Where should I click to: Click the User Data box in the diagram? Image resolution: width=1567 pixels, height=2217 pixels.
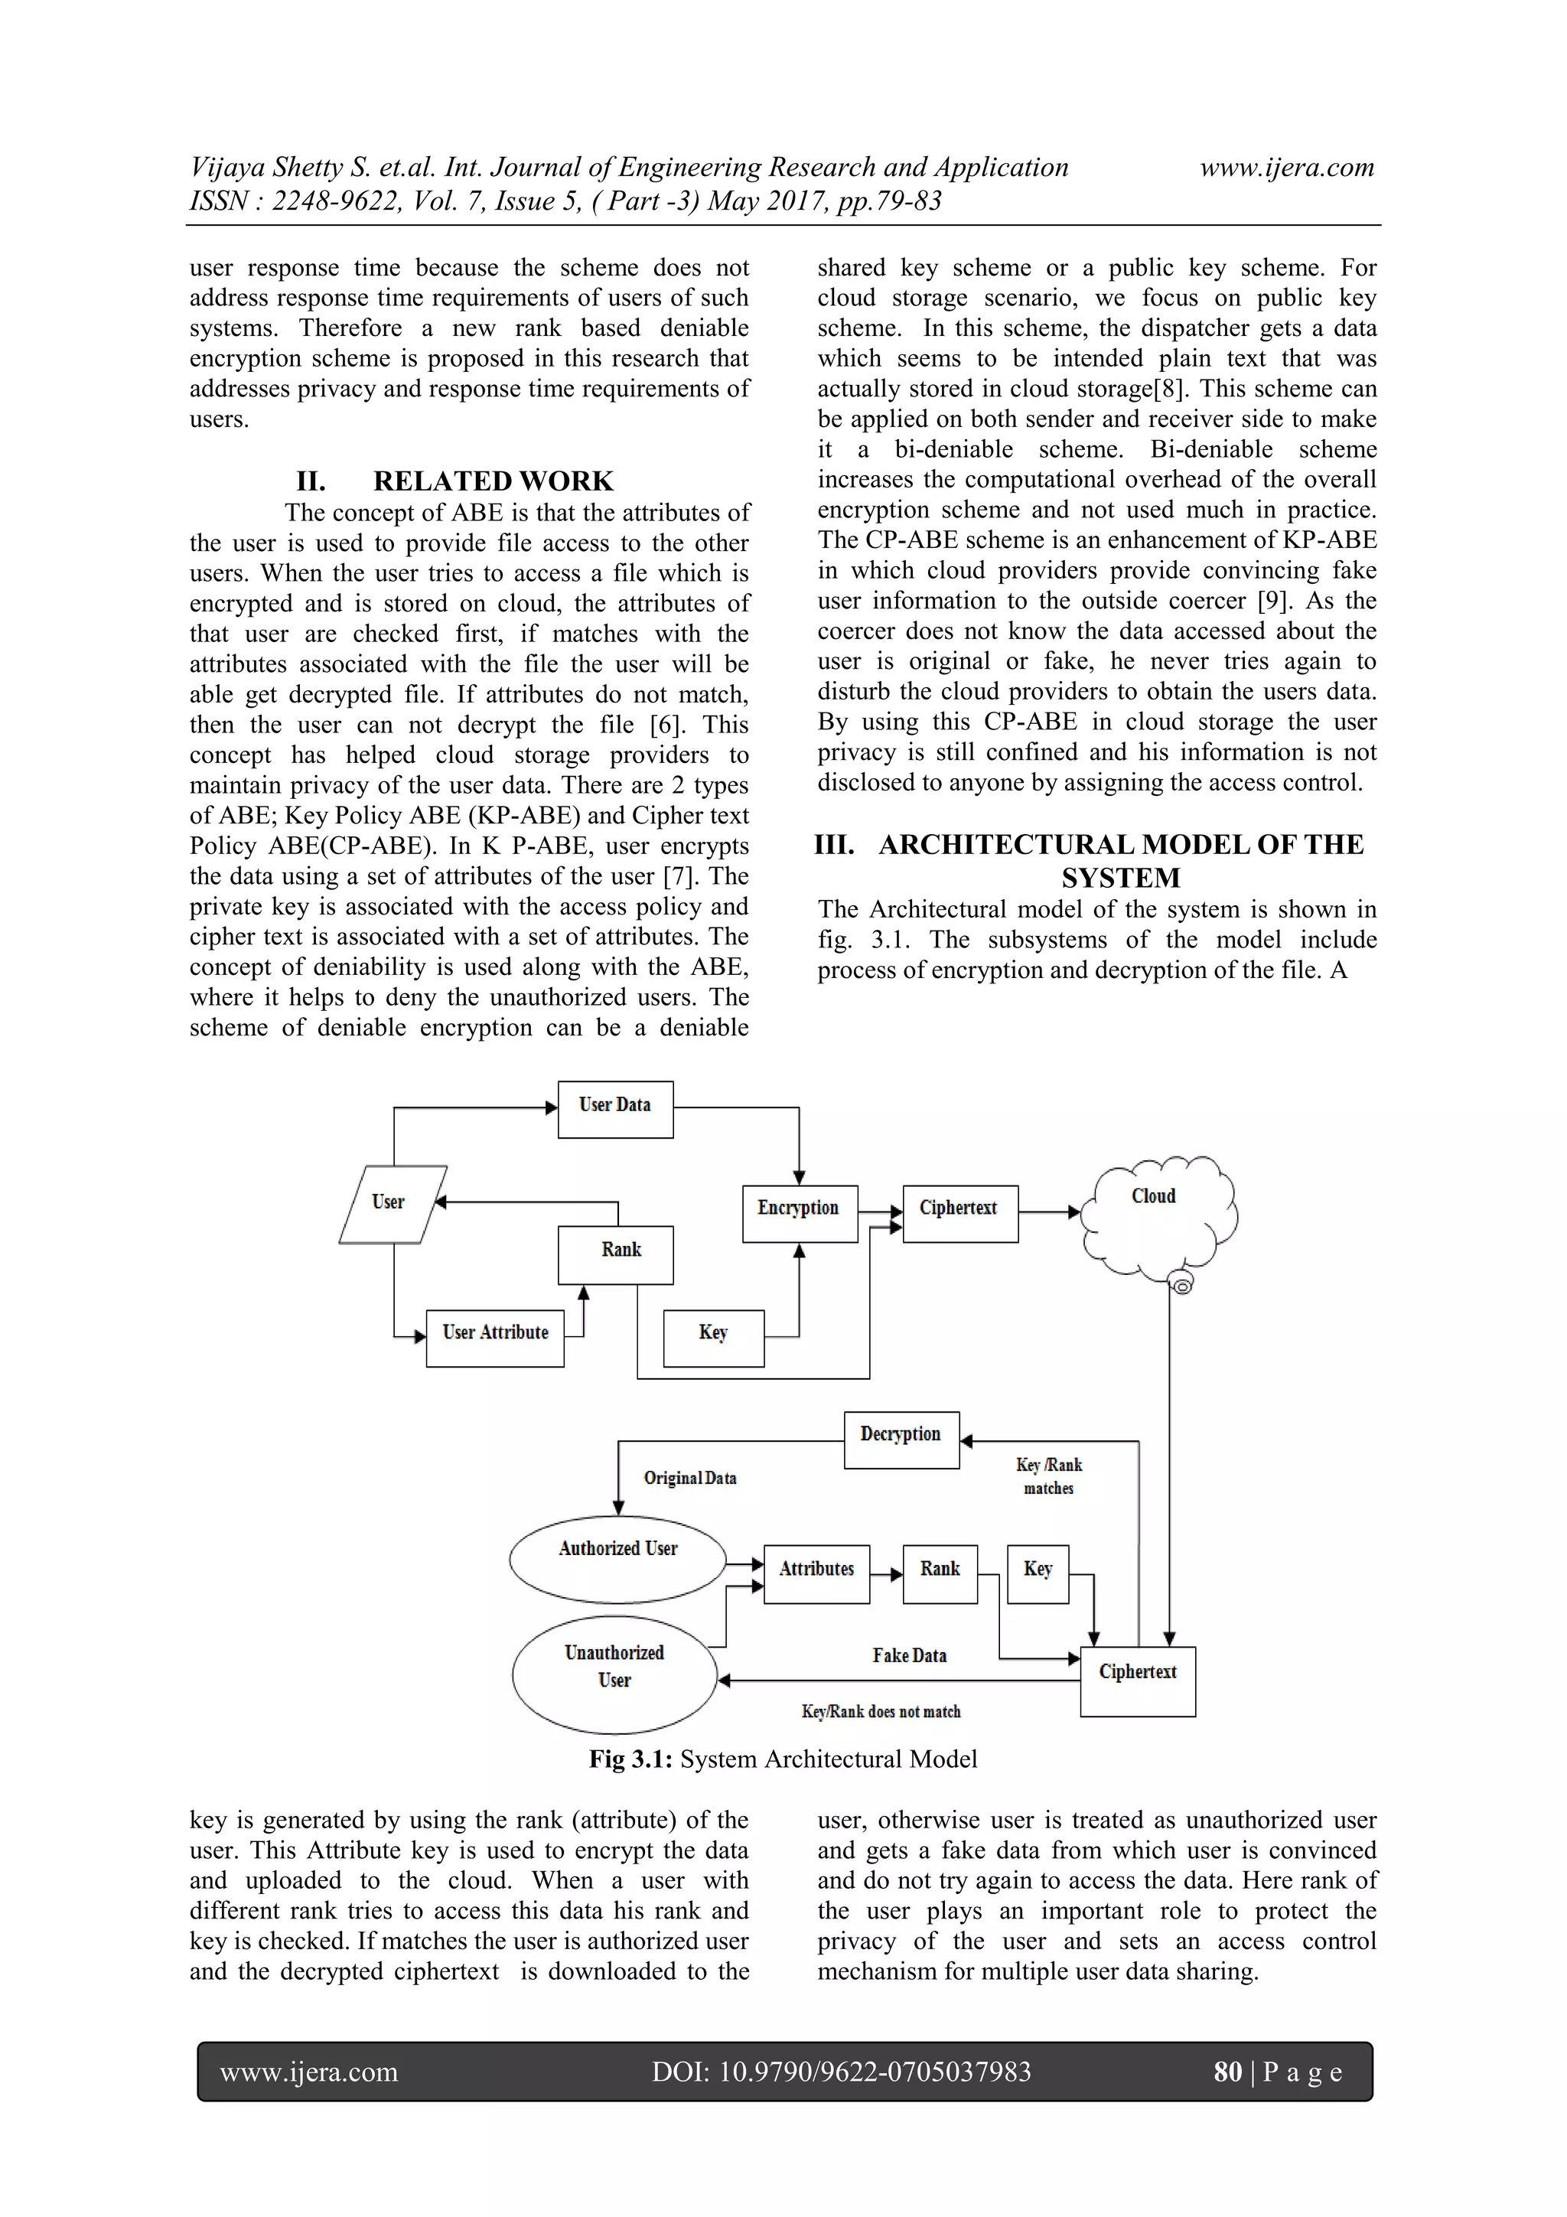[x=615, y=1108]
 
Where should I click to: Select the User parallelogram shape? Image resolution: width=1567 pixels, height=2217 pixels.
[x=392, y=1203]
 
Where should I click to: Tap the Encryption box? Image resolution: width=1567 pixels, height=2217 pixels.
[x=800, y=1213]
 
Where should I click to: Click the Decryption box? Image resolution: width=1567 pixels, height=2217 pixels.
[x=901, y=1439]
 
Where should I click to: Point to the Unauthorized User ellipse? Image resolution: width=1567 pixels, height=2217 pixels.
[x=614, y=1674]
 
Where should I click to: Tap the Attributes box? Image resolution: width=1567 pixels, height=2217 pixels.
[x=817, y=1574]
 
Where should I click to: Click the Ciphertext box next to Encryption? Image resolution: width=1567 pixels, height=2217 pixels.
[x=959, y=1213]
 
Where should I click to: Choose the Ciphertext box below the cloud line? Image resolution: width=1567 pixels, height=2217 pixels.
[x=1137, y=1681]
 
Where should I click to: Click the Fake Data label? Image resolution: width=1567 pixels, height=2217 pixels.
[x=910, y=1655]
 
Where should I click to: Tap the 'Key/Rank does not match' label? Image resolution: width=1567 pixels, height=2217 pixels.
[x=881, y=1711]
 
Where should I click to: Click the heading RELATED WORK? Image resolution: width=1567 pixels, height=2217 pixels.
[x=493, y=481]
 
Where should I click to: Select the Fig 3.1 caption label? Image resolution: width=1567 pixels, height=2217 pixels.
[x=783, y=1759]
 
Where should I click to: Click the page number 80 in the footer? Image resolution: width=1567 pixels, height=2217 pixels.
[x=1227, y=2071]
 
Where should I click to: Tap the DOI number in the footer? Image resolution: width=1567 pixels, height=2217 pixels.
[x=841, y=2071]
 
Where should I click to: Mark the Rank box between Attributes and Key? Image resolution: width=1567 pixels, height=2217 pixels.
[x=940, y=1574]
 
